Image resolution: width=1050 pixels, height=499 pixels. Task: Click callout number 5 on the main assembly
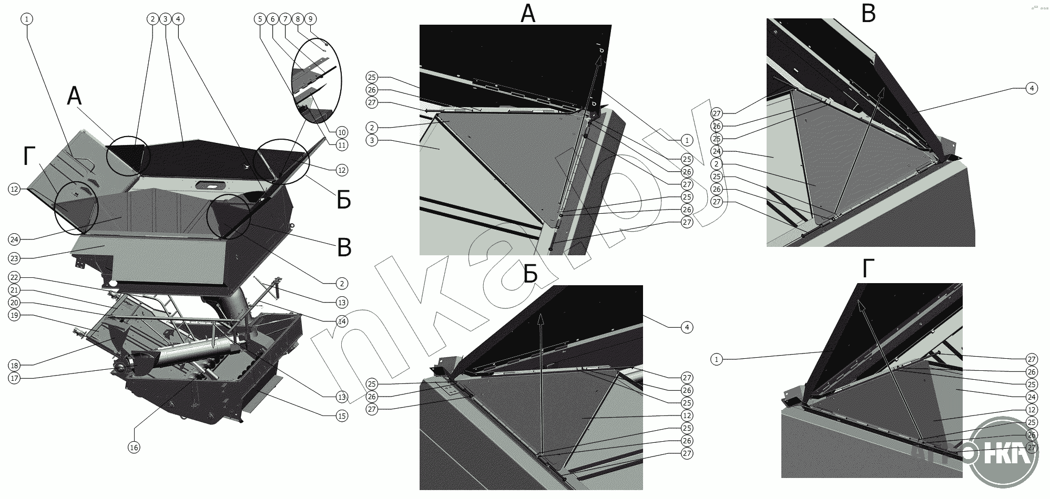pos(260,19)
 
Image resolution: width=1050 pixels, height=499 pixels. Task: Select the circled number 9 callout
pos(310,19)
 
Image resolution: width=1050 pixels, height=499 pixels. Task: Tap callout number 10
pos(342,132)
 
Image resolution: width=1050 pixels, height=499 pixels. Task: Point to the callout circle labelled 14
pos(342,321)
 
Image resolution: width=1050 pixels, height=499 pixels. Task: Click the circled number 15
pos(342,416)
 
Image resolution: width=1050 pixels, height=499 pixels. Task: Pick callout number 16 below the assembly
pos(134,448)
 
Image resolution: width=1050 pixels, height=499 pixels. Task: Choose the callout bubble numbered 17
pos(14,378)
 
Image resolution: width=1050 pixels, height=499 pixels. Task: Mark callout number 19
pos(14,315)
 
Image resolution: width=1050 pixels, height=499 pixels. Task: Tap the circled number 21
pos(14,290)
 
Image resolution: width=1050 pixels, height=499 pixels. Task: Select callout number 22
pos(14,277)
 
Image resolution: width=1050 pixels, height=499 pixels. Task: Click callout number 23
pos(14,258)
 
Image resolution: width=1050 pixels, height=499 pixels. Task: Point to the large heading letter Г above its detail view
pos(868,268)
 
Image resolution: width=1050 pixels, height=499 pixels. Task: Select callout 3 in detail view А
pos(372,140)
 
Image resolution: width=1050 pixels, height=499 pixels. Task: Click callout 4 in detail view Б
pos(687,327)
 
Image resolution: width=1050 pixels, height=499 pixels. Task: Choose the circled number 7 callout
pos(285,19)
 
